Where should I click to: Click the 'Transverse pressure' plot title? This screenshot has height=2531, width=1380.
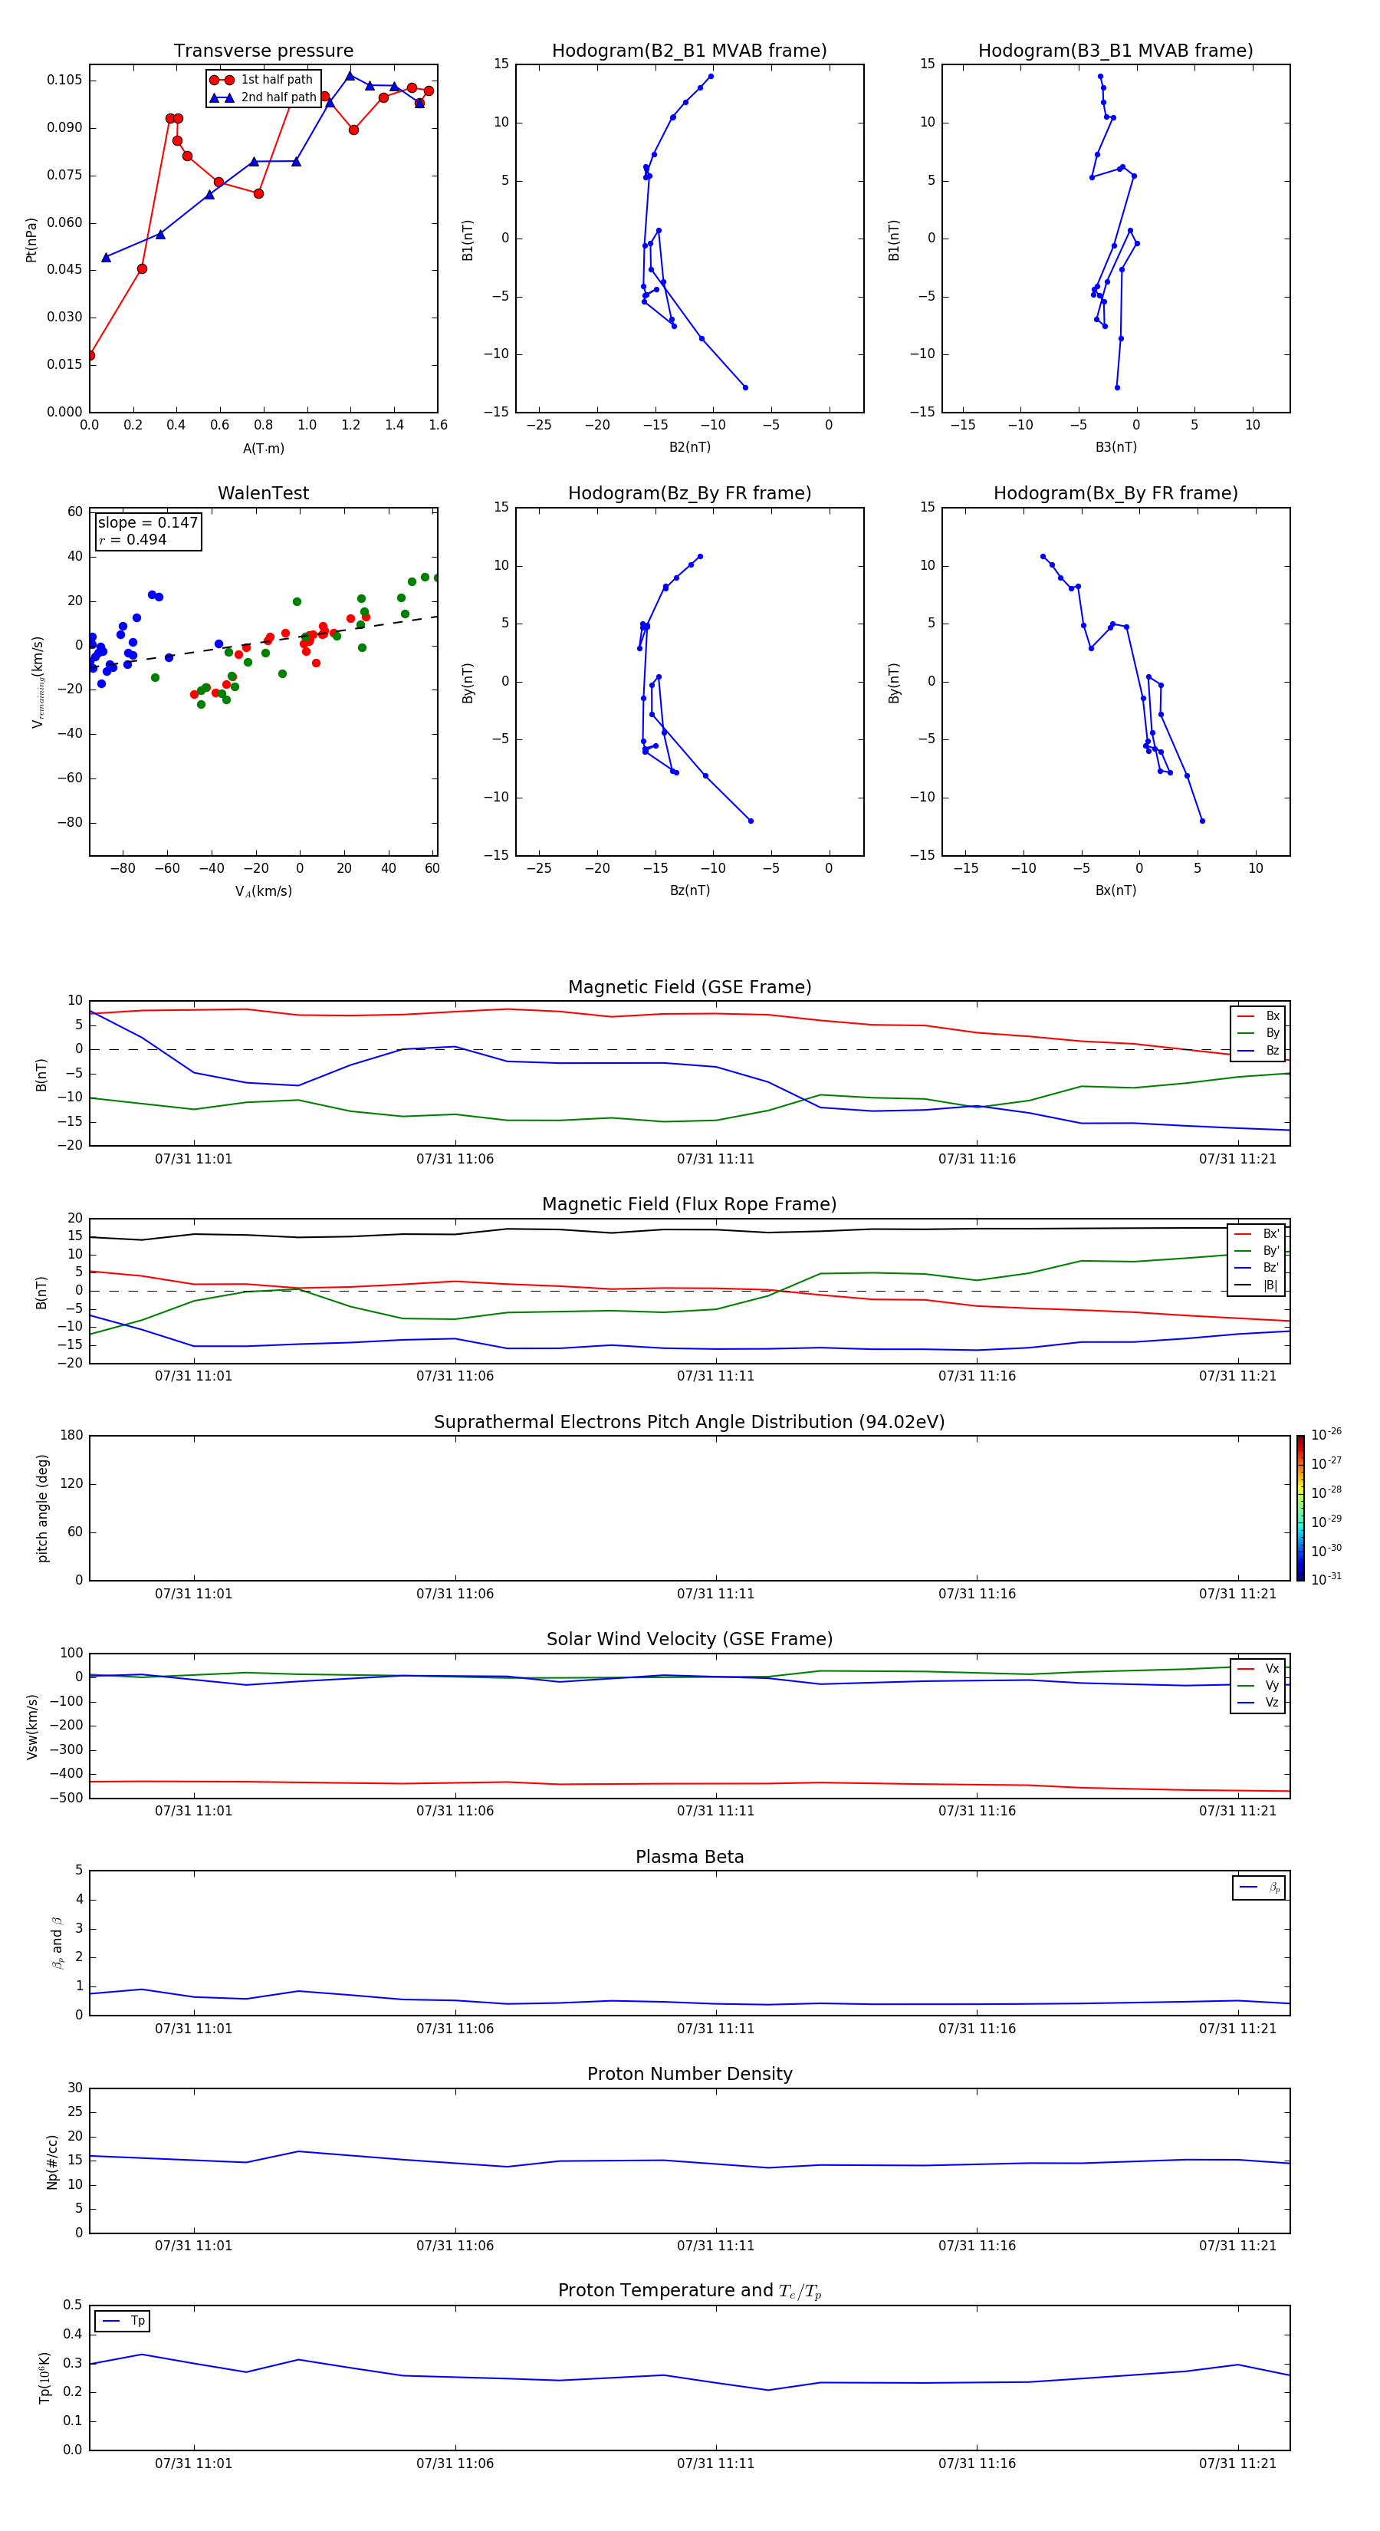[x=263, y=51]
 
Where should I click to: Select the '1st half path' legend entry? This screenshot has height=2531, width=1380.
[x=276, y=80]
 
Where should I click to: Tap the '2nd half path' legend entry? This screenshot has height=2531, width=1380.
[x=278, y=97]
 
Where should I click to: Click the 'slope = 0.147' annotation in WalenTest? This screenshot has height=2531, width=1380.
[x=147, y=523]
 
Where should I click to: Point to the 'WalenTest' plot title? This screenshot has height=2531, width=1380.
[x=263, y=493]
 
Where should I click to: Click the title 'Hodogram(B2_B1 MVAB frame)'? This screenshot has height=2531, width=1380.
[x=688, y=51]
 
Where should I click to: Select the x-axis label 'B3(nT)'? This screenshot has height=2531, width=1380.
[x=1115, y=447]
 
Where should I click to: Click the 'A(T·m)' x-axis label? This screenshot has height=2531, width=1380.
[x=263, y=449]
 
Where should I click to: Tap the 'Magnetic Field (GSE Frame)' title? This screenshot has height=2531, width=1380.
[x=689, y=987]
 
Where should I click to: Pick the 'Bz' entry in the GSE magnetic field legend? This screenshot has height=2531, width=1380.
[x=1272, y=1050]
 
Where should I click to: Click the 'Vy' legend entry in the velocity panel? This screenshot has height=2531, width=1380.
[x=1272, y=1685]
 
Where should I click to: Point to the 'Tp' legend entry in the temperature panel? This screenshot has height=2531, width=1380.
[x=136, y=2321]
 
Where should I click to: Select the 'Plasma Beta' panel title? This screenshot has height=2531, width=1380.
[x=689, y=1857]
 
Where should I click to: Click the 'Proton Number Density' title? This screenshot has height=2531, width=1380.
[x=689, y=2074]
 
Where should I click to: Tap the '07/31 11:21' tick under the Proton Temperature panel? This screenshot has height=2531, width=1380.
[x=1237, y=2464]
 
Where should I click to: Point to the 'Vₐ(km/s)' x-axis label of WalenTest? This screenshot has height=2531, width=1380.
[x=263, y=891]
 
